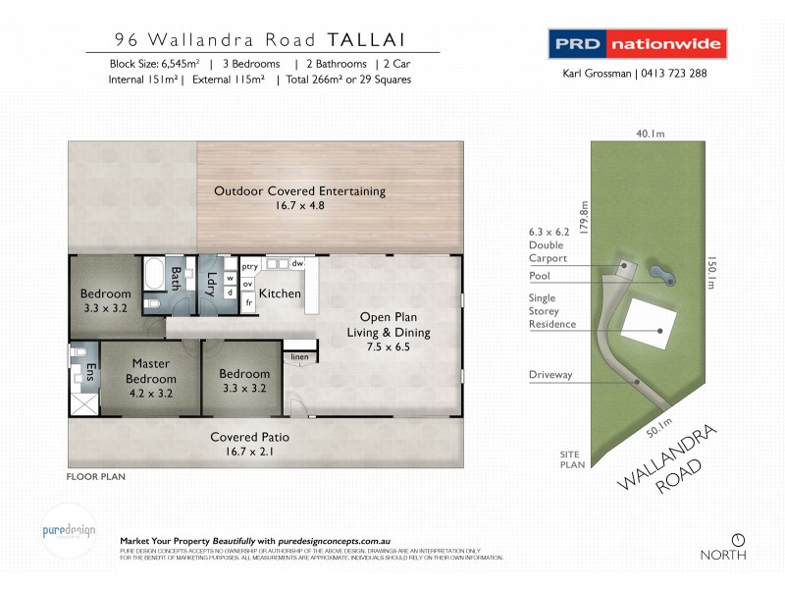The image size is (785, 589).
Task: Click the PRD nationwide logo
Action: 636,44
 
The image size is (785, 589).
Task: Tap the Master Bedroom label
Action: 152,371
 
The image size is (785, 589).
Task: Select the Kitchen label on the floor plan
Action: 280,294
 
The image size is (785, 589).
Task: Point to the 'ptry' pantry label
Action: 248,264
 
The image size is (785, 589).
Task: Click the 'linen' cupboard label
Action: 300,356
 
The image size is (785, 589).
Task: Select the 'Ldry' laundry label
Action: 210,283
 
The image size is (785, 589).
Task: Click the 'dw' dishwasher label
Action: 298,264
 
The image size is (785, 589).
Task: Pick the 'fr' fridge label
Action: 248,302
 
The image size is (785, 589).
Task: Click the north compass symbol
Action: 738,539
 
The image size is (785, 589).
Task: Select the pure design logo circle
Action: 69,531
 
